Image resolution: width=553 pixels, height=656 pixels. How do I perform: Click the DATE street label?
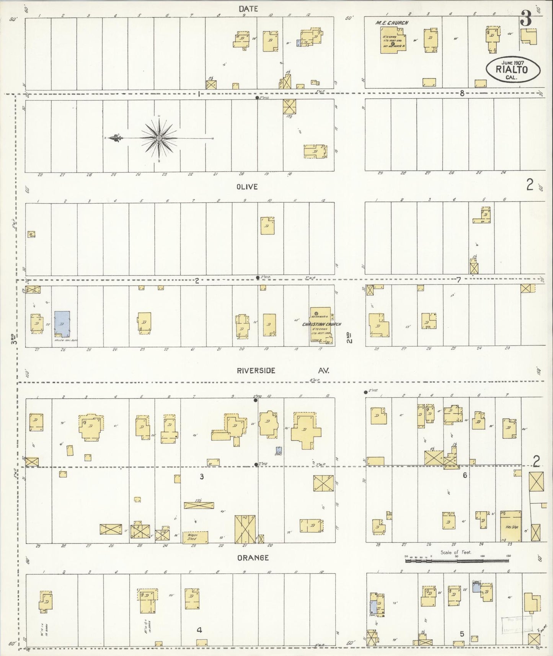click(248, 8)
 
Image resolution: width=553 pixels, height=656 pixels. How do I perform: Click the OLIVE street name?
click(247, 187)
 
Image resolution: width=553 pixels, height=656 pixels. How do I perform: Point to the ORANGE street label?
click(253, 558)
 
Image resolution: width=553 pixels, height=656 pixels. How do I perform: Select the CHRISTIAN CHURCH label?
click(321, 324)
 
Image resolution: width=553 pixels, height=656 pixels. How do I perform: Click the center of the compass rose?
click(158, 138)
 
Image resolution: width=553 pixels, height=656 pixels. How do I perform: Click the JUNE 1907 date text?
click(513, 62)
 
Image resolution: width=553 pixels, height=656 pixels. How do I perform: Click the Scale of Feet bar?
click(457, 561)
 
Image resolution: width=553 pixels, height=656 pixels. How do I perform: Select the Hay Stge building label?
click(511, 527)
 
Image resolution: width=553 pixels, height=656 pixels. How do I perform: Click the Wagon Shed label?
click(195, 536)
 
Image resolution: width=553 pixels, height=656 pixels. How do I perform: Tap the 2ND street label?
click(349, 337)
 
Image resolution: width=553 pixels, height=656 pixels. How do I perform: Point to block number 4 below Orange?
click(199, 630)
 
